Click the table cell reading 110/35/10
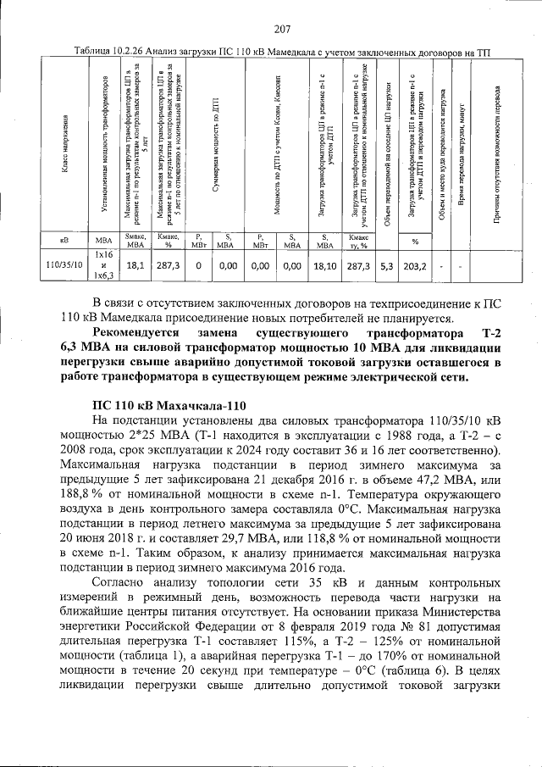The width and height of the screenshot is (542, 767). point(64,265)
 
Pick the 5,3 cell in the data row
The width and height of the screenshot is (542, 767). point(386,265)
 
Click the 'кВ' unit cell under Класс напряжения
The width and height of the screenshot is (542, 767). point(64,242)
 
